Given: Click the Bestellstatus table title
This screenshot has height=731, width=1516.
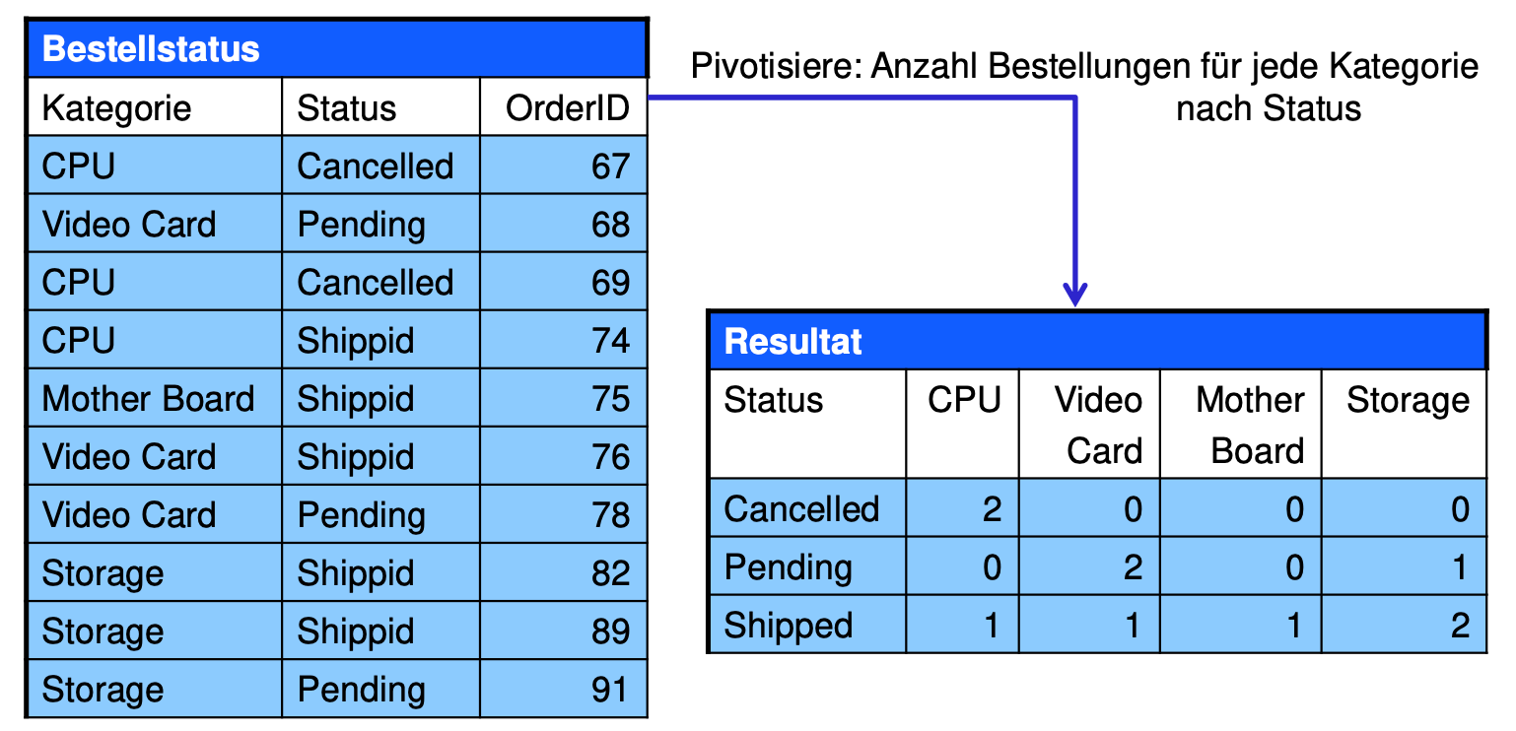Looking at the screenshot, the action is tap(151, 48).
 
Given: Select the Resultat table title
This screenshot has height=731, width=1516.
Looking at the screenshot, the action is tap(792, 341).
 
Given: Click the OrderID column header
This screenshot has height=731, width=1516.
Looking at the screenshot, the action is tap(567, 108).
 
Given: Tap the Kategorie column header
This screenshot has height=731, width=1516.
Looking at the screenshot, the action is tap(116, 109).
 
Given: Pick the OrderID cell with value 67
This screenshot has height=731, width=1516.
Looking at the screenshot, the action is tap(610, 166).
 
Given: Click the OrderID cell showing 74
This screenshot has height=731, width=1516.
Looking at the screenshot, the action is tap(610, 340).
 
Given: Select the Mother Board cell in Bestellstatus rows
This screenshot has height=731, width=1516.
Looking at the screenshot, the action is tap(148, 398).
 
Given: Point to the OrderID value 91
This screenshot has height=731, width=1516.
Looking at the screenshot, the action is tap(610, 690).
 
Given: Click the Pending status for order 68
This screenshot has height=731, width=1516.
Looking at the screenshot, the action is tap(362, 226).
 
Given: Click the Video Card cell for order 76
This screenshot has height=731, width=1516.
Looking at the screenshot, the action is tap(128, 456).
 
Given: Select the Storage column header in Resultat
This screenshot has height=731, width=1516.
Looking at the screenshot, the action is tap(1408, 401).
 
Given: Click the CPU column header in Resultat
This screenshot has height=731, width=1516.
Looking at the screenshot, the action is tap(964, 400).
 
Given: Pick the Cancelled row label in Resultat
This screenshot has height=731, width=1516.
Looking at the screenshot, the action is tap(801, 508).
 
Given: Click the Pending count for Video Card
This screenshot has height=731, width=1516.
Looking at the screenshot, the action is tap(1133, 567).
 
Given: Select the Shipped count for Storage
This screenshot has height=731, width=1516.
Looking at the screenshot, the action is tap(1460, 626).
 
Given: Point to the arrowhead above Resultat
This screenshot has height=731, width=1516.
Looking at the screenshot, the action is tap(1074, 295).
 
